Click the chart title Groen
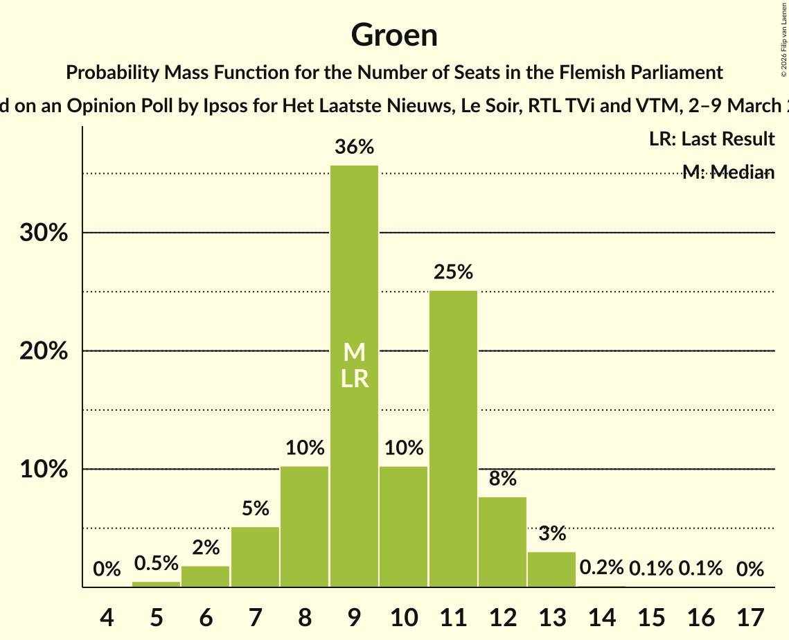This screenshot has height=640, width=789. tap(394, 35)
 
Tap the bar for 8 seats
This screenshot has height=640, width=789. tap(305, 526)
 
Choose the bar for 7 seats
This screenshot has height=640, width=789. tap(255, 557)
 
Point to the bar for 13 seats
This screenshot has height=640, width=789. tap(552, 569)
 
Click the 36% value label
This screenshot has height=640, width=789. tap(354, 148)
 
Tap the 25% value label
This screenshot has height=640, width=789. tap(453, 272)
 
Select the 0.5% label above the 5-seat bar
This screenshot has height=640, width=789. tap(157, 564)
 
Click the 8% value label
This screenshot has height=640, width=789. tap(503, 479)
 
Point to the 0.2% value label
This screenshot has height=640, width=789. tap(601, 568)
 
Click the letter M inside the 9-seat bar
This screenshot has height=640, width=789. tap(354, 353)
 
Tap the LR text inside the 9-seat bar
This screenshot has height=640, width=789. tap(354, 379)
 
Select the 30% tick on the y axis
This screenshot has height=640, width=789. tap(44, 233)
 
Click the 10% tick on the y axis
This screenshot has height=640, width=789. tap(44, 470)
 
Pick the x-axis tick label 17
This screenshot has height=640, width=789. tap(750, 616)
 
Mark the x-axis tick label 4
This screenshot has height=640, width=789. tap(107, 616)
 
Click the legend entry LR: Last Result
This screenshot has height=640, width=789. tap(711, 139)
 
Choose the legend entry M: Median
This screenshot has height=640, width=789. tap(727, 172)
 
